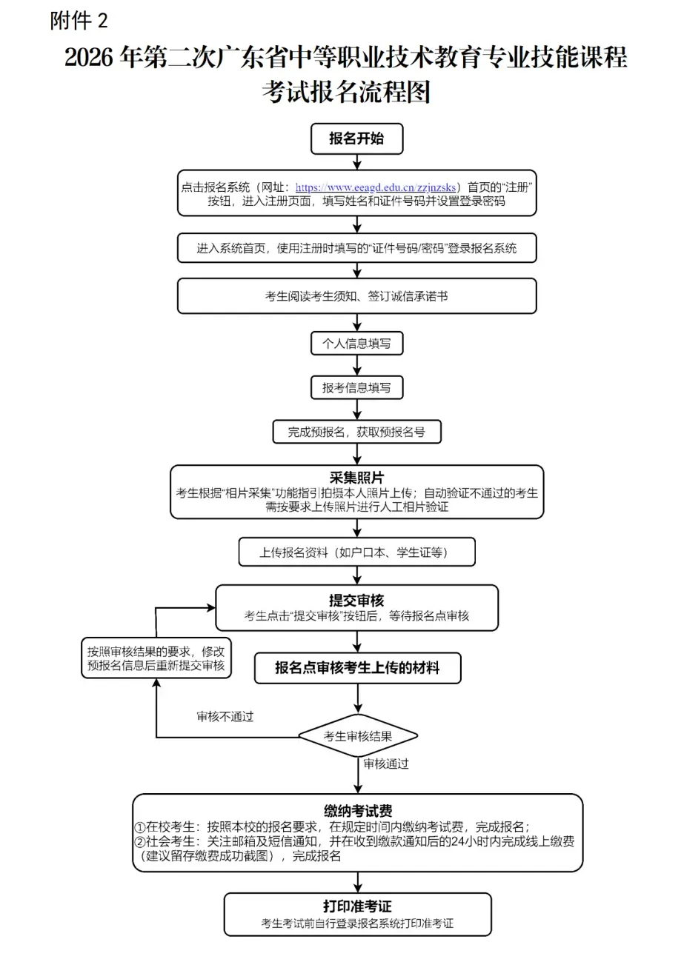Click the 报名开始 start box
point(356,138)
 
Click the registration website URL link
point(376,187)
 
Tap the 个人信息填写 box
point(356,344)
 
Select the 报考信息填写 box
point(356,387)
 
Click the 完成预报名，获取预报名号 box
point(356,432)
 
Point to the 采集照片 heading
point(356,478)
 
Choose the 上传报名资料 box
point(356,552)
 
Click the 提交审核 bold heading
point(356,601)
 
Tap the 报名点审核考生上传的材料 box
point(356,668)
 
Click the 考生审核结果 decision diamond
point(358,736)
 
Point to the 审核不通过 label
point(225,717)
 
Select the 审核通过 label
point(386,764)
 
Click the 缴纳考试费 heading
point(357,811)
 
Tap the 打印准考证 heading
point(357,906)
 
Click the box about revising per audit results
point(156,658)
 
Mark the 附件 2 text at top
point(79,21)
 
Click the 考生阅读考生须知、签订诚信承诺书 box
point(356,296)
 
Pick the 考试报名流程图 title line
point(345,92)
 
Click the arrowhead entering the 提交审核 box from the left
point(210,608)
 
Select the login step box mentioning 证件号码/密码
point(356,249)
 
